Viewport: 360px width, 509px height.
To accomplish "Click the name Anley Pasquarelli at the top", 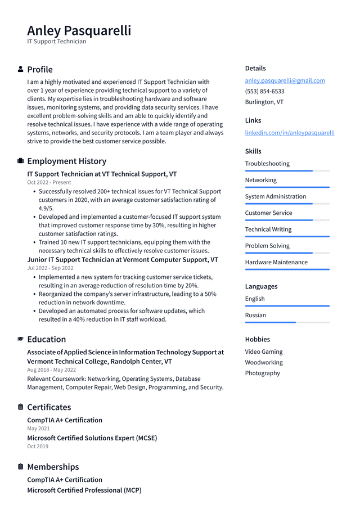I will [79, 30].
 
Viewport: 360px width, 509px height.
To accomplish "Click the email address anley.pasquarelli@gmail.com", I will [285, 80].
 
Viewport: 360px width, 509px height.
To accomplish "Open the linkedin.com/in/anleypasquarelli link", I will [290, 133].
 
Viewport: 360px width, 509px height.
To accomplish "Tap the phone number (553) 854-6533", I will [264, 91].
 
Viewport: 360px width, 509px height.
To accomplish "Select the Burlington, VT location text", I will [264, 102].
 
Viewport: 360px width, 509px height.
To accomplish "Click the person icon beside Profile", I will [21, 69].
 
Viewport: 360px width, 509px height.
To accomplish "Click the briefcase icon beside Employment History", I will [21, 161].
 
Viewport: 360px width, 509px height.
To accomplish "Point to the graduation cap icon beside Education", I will [21, 339].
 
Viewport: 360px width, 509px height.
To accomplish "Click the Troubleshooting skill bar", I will [287, 171].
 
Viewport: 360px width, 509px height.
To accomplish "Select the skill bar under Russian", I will [287, 322].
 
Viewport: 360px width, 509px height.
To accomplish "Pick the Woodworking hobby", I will [264, 362].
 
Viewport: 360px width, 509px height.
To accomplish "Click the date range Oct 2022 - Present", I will [49, 182].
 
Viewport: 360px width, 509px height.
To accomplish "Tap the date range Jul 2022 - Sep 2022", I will [50, 268].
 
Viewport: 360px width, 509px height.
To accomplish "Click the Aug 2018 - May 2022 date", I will [51, 370].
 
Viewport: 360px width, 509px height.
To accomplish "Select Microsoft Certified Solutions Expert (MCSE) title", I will [92, 438].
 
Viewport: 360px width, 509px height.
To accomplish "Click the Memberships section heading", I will [53, 467].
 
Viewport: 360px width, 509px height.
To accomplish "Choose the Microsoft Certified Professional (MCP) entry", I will [84, 490].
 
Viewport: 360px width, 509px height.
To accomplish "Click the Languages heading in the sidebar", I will [261, 286].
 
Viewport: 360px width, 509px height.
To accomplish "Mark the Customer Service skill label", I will [268, 213].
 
